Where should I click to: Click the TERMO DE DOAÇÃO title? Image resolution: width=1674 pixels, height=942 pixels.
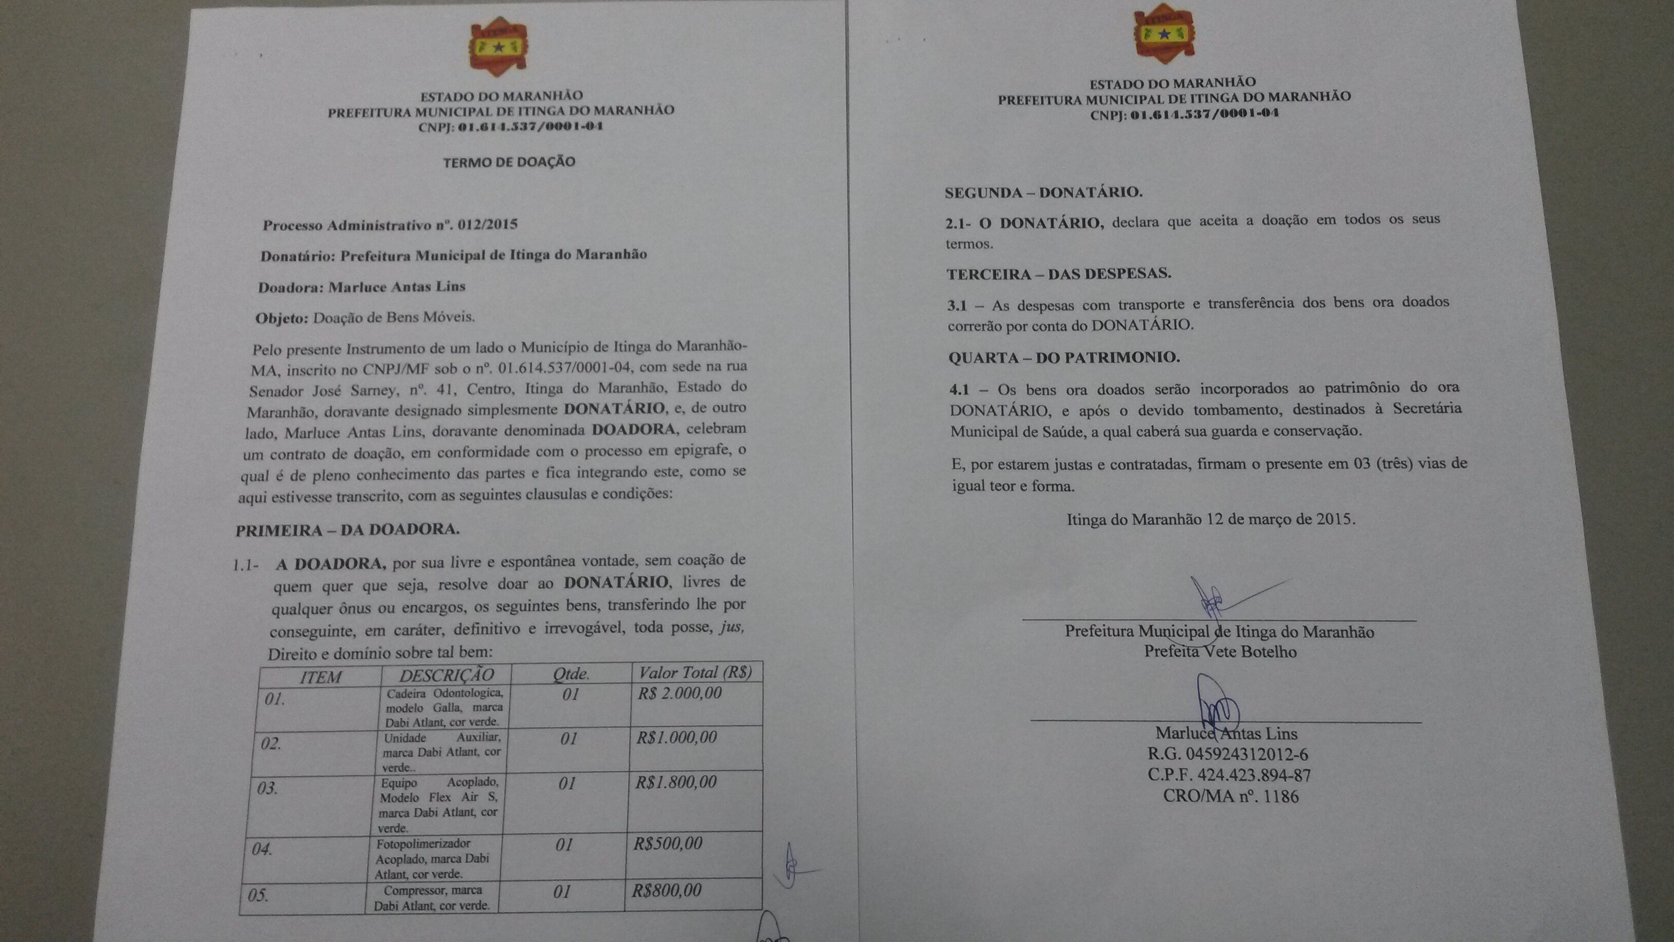509,162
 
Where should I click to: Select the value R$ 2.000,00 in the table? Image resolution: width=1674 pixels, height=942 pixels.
680,693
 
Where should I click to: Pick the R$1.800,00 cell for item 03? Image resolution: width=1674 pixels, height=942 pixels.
676,782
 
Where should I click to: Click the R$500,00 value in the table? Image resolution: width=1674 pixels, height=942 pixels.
668,844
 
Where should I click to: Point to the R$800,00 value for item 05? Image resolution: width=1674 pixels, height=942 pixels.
667,890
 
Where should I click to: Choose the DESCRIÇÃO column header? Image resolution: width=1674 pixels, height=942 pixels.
446,675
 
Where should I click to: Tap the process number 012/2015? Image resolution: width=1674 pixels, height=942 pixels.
487,225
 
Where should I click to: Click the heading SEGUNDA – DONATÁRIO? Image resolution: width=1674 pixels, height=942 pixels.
1044,192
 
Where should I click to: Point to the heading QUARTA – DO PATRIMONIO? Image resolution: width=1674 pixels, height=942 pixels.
1064,358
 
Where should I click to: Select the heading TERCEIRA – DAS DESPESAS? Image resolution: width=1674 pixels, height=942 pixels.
1059,273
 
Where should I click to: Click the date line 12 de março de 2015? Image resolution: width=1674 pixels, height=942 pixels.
1211,519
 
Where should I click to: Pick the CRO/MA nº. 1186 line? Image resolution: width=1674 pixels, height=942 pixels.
1230,796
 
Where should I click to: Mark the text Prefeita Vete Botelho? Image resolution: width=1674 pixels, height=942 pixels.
1220,652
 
